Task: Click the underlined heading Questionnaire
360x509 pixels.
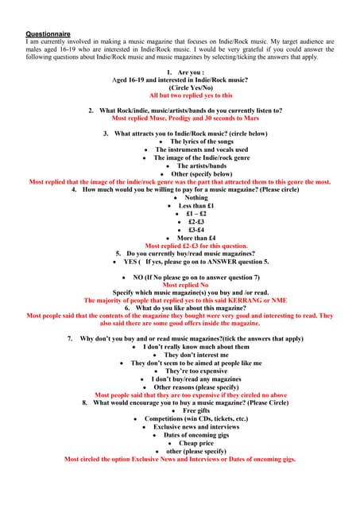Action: pos(48,34)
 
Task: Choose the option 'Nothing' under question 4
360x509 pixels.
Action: pos(184,198)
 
